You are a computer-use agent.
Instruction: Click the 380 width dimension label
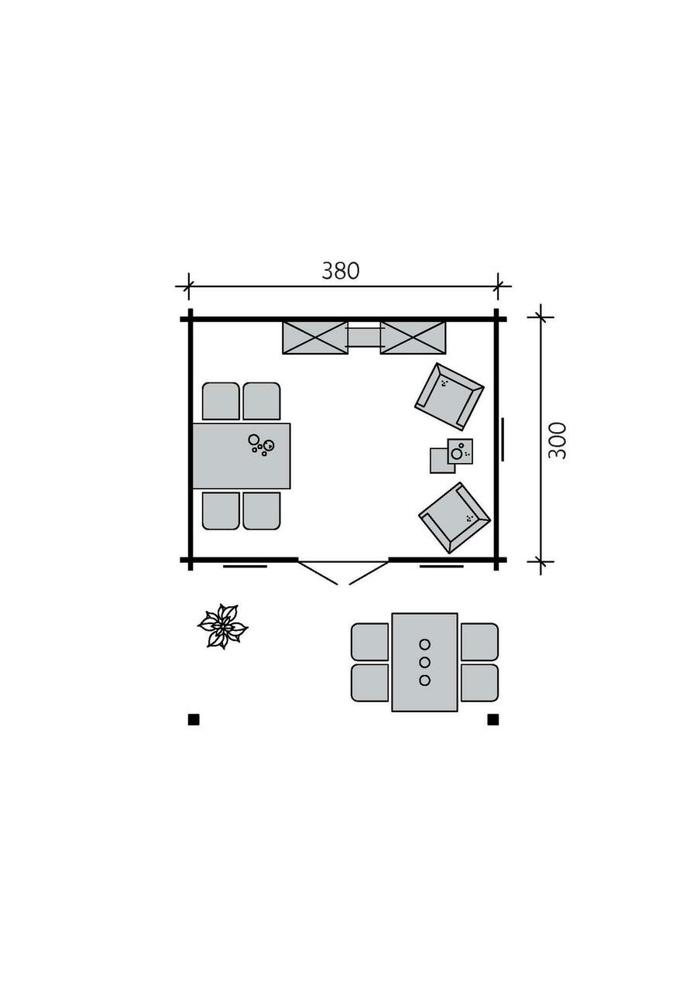340,271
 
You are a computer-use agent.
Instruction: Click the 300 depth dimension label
557,441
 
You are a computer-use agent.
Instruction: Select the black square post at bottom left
194,720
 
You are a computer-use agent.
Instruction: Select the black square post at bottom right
493,720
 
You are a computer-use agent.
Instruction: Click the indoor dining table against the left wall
242,456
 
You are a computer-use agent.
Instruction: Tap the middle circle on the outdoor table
425,662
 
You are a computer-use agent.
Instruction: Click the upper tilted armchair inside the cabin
449,396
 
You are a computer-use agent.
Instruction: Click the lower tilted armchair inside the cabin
455,518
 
